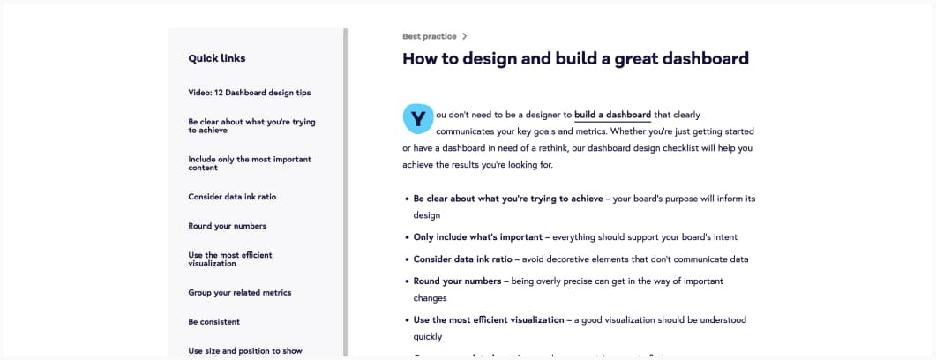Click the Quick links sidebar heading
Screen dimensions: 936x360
click(x=217, y=58)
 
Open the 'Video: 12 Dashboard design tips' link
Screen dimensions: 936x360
click(x=250, y=94)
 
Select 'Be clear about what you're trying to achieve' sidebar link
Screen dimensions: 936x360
click(x=252, y=126)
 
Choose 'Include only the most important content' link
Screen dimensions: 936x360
click(x=250, y=163)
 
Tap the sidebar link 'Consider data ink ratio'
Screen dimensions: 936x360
click(x=232, y=197)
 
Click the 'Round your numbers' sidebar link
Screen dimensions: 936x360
click(x=228, y=226)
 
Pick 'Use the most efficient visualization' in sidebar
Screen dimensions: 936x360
click(x=230, y=259)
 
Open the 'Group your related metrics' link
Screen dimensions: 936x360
click(x=240, y=293)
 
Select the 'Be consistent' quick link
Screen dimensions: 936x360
click(x=214, y=322)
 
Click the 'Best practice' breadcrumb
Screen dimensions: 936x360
click(x=430, y=36)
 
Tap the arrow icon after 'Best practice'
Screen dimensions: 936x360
click(x=464, y=36)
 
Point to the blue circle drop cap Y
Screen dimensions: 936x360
click(x=418, y=118)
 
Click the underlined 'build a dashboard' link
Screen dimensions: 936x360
click(x=612, y=115)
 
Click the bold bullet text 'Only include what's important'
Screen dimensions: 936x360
click(x=478, y=237)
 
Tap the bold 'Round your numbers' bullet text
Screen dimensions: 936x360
click(x=457, y=281)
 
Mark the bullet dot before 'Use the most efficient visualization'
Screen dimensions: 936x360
click(x=407, y=320)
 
